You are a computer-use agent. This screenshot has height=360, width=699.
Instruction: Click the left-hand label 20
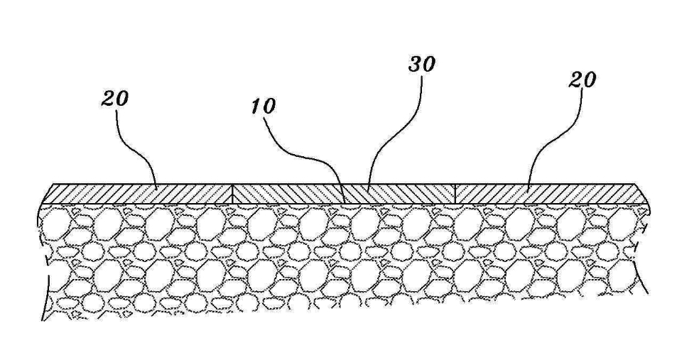(114, 99)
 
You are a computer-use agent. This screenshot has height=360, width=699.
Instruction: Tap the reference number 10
(264, 107)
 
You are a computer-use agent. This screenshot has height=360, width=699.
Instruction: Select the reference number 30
(422, 65)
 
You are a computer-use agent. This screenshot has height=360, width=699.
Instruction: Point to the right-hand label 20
(582, 80)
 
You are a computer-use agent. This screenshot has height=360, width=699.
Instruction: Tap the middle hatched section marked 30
(344, 195)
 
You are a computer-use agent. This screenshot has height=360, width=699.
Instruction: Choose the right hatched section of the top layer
(551, 195)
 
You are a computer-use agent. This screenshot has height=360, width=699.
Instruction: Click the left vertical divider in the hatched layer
(233, 195)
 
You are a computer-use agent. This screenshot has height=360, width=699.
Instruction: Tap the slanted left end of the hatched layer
(48, 195)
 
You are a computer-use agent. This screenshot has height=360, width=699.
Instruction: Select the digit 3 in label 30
(415, 65)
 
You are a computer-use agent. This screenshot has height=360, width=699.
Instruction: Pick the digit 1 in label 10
(256, 107)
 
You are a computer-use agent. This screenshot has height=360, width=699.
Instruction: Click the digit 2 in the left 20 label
(108, 99)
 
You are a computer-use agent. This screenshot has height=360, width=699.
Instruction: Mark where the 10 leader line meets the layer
(345, 204)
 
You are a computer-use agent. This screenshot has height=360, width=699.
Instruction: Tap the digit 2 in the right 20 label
(575, 81)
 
